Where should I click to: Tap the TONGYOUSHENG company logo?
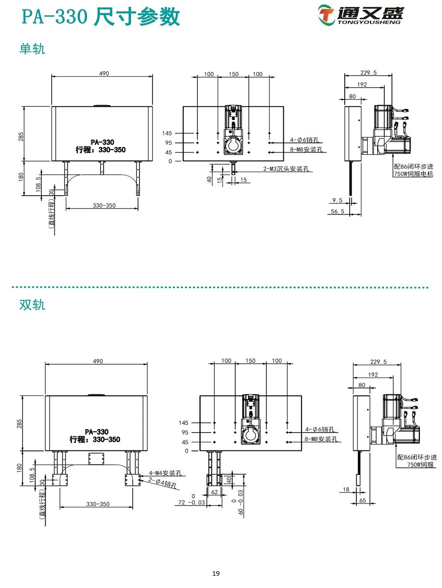click(x=360, y=15)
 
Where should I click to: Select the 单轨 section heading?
click(x=32, y=49)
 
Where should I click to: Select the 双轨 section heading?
click(x=32, y=305)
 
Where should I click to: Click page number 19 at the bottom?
click(x=216, y=573)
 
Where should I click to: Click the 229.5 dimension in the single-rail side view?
click(x=368, y=73)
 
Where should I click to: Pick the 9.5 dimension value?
click(x=337, y=200)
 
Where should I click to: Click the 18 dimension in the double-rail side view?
click(x=346, y=490)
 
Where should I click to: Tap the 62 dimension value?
click(x=214, y=491)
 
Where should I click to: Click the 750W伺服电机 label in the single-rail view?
click(x=413, y=174)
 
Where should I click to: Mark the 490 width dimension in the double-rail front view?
click(x=97, y=361)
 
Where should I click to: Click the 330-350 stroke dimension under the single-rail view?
click(x=104, y=206)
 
